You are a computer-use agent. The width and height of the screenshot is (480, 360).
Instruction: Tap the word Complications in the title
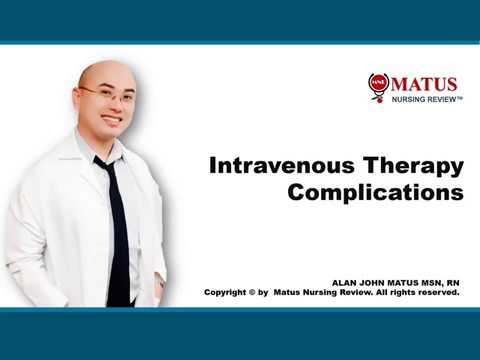(375, 192)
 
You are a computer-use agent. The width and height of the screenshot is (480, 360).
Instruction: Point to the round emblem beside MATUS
(378, 86)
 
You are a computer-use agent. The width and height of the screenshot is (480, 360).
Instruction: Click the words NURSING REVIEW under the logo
(422, 101)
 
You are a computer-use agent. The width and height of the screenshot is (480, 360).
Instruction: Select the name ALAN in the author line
(345, 284)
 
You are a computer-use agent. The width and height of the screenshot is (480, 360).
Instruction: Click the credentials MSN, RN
(437, 284)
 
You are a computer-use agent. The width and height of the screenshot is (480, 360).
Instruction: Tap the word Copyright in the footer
(228, 294)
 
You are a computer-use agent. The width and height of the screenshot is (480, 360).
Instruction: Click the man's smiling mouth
(111, 119)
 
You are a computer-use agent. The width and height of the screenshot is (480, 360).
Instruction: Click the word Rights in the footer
(405, 294)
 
